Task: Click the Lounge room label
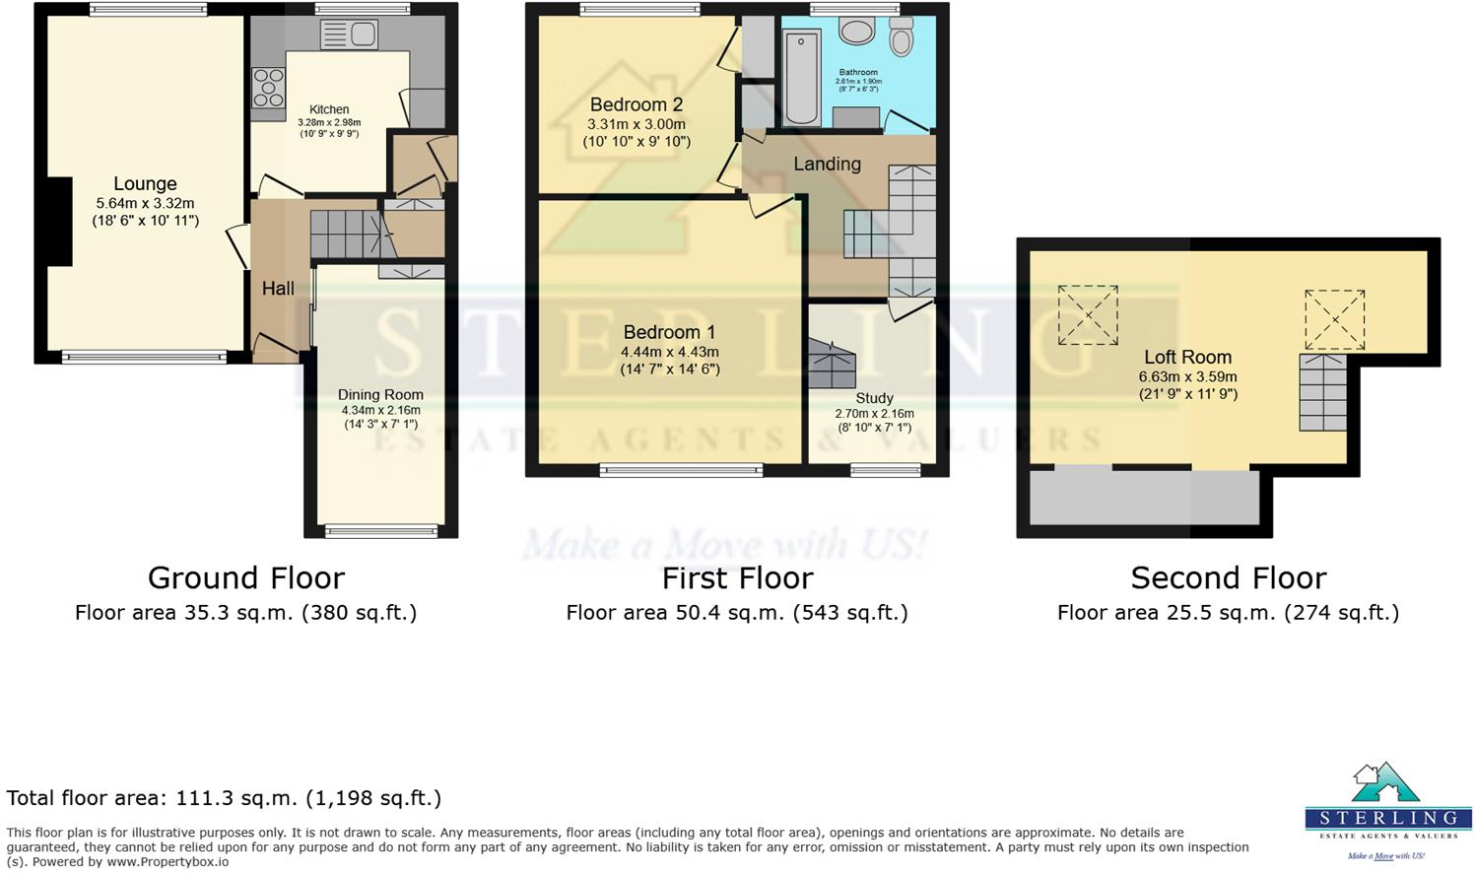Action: (145, 183)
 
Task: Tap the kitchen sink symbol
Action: (349, 34)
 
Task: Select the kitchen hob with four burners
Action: (268, 88)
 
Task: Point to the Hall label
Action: (278, 289)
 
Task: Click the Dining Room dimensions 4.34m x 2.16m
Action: (380, 410)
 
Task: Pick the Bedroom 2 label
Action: (636, 104)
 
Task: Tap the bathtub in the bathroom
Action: (801, 77)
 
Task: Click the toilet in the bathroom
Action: (901, 37)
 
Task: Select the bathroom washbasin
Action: (857, 32)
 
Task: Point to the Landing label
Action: (827, 165)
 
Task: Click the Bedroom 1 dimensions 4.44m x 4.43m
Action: (669, 352)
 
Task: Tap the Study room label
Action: (874, 398)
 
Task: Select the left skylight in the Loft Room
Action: (1088, 315)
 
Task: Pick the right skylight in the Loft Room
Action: (1334, 319)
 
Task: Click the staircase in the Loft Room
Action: (1322, 392)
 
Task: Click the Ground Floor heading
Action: (245, 577)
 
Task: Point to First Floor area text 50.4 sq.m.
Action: (736, 613)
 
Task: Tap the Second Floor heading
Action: (1228, 577)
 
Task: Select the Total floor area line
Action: (224, 798)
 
